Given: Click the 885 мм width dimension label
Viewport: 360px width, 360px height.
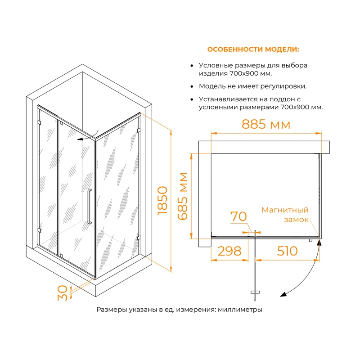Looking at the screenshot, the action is (266, 124).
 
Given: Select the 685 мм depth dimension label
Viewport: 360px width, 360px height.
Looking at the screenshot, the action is (183, 196).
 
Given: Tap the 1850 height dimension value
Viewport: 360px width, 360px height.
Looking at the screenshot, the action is (162, 201).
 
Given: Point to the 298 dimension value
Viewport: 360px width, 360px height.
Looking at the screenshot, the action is (229, 251).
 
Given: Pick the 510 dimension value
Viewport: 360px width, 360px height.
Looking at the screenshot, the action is (287, 251).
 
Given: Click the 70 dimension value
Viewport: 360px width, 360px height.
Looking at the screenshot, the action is (238, 216).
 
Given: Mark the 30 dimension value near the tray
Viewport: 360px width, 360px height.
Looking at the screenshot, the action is (63, 293).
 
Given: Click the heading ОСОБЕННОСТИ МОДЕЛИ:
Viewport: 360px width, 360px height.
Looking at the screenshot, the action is (253, 49).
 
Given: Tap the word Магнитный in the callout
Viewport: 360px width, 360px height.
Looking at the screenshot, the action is (285, 210).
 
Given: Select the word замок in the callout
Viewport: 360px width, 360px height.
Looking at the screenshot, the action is (296, 220).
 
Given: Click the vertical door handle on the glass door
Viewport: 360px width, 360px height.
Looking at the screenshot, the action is (89, 207).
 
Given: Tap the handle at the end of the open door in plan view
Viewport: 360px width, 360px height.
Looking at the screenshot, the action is (255, 292).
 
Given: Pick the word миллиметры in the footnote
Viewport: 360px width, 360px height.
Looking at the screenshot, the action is (240, 310).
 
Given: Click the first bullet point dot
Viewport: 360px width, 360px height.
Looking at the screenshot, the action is (192, 66).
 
